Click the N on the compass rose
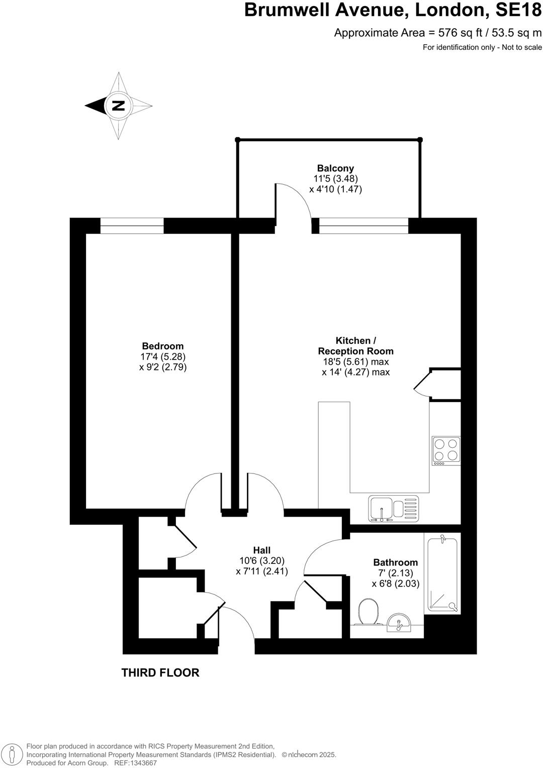point(119,106)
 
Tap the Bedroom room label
point(162,346)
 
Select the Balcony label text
point(335,168)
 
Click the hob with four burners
point(446,450)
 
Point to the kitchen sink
point(394,508)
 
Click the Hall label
point(261,550)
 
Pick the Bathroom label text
point(395,562)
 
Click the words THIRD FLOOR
point(160,673)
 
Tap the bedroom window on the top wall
point(132,226)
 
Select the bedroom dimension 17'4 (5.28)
point(162,356)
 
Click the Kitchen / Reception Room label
point(355,346)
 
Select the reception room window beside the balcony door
point(364,226)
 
